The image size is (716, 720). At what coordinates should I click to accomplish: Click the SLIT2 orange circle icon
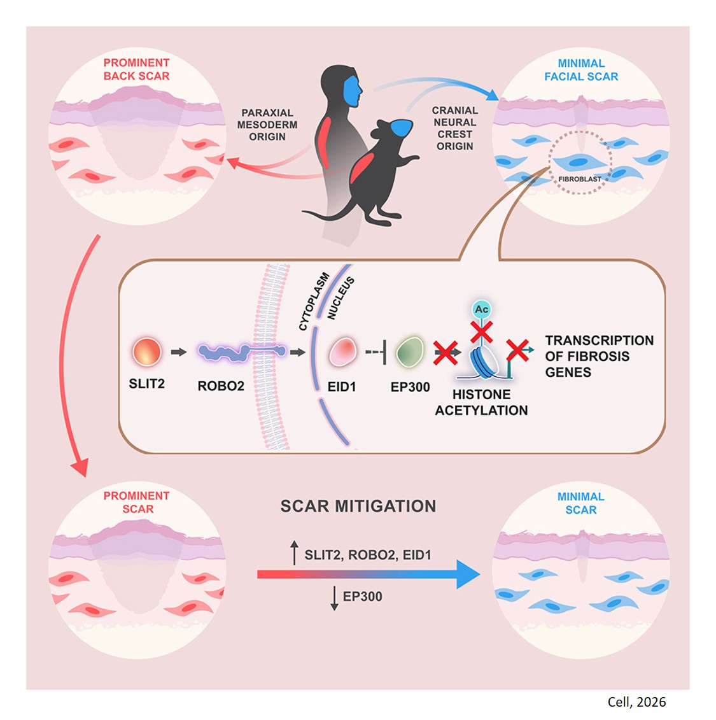(147, 352)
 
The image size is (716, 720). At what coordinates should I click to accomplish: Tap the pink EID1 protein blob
(342, 352)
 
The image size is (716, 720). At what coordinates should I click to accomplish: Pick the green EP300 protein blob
(409, 352)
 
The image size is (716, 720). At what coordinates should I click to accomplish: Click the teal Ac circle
(482, 309)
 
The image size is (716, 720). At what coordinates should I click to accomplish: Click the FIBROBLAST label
(579, 180)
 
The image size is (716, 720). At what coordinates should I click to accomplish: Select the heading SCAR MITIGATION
(358, 506)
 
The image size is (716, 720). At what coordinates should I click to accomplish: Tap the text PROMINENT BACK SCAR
(136, 69)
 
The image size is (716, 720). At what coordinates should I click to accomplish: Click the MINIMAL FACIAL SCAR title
(581, 70)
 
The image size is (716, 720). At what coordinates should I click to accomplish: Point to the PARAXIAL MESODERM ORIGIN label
(267, 125)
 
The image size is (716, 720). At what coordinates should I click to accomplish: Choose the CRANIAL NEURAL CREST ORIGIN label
(454, 128)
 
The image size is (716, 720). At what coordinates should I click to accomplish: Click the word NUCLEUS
(340, 298)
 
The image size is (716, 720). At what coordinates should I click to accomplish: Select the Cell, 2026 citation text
(636, 702)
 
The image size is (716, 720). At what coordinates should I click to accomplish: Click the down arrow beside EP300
(334, 598)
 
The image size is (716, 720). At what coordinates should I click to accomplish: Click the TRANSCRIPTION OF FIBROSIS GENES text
(599, 356)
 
